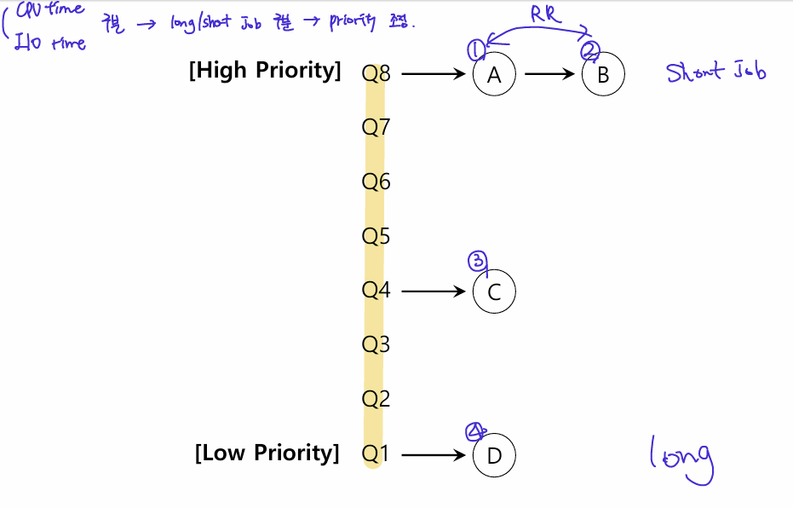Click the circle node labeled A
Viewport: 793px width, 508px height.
point(494,74)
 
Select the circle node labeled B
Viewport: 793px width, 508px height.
point(603,74)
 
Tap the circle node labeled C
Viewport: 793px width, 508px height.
point(494,292)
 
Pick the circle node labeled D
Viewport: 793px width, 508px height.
point(494,455)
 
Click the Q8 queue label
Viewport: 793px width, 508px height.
point(376,73)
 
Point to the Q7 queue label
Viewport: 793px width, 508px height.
point(376,128)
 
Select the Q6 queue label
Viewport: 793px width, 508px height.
point(376,182)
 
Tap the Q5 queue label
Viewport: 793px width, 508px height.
point(376,236)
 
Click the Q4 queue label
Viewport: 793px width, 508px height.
point(376,291)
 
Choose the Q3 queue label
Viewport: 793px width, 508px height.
point(376,344)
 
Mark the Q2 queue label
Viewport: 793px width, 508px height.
point(376,399)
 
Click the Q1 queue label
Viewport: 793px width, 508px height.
point(376,454)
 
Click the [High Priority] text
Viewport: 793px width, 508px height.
point(265,71)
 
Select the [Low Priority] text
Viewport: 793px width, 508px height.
point(267,453)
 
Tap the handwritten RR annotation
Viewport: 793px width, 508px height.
point(546,14)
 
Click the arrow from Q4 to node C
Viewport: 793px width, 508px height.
point(434,292)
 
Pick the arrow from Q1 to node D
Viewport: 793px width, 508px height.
point(434,455)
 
